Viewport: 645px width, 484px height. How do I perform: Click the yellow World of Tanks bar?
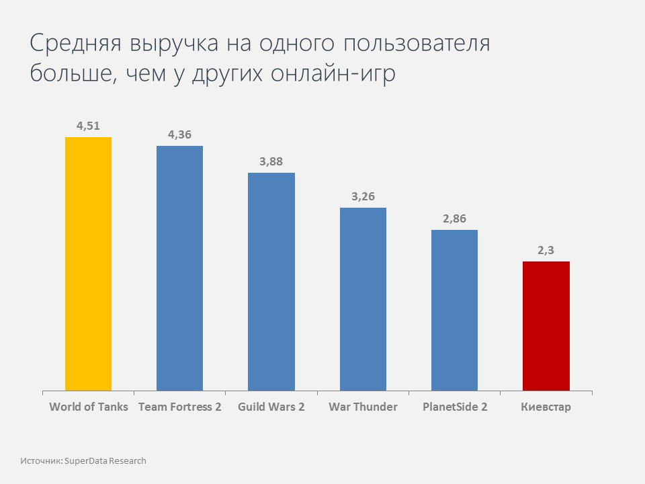88,264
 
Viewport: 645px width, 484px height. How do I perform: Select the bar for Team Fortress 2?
179,268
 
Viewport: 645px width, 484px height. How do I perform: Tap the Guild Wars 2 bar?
271,281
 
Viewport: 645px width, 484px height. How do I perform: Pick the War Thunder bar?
363,298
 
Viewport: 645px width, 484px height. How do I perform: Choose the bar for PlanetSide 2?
454,310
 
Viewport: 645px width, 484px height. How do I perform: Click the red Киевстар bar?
546,325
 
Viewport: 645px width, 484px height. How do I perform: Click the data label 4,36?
179,134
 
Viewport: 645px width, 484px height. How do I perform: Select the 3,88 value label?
271,161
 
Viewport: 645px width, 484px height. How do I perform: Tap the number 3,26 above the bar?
363,197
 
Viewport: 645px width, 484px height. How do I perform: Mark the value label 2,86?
454,218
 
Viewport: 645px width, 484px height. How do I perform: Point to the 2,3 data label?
546,250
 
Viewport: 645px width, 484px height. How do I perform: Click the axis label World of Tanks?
89,407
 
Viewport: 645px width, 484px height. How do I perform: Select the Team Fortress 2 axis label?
179,407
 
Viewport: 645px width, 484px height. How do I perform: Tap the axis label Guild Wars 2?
271,407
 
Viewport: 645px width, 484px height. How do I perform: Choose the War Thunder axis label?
363,407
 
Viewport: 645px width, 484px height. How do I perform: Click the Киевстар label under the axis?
546,407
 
